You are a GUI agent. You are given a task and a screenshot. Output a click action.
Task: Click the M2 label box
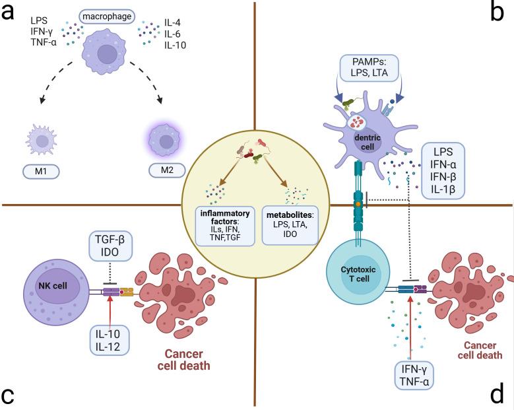(162, 173)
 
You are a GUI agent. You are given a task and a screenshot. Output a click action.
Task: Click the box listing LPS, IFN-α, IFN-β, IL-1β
(443, 170)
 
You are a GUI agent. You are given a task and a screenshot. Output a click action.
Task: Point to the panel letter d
(498, 394)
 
